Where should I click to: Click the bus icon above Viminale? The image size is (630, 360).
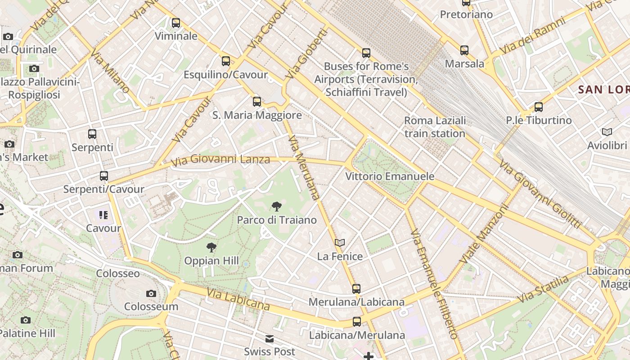tap(176, 22)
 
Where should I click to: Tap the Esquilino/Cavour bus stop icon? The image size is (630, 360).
tap(226, 61)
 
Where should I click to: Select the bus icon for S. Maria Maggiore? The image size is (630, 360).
tap(257, 102)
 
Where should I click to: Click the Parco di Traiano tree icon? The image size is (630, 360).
tap(277, 207)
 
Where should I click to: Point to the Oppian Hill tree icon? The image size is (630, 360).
tap(211, 247)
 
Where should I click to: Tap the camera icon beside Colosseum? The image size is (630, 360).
tap(151, 294)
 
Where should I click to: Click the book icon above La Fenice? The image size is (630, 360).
tap(340, 243)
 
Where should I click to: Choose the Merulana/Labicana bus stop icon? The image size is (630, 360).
tap(356, 288)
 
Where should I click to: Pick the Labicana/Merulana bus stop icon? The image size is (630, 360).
tap(357, 322)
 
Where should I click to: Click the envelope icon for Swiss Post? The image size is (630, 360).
tap(270, 339)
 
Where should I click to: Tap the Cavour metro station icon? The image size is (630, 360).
tap(103, 215)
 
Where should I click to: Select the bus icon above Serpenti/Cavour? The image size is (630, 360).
tap(104, 176)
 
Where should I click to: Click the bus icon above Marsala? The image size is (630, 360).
tap(464, 50)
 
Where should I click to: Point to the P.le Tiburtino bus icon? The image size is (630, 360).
tap(539, 107)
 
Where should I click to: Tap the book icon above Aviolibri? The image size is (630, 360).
tap(607, 132)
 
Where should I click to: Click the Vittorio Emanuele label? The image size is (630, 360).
tap(390, 176)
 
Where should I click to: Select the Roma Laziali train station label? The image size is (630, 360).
tap(435, 127)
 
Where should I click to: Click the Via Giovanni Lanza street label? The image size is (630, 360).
tap(220, 160)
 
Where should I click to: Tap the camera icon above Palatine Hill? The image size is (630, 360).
tap(26, 320)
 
